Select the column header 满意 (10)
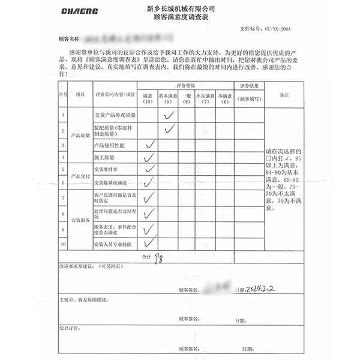[148, 98]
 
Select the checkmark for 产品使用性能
[150, 145]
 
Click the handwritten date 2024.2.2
[262, 289]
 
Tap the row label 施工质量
[104, 157]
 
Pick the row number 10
[63, 244]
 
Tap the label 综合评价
[67, 329]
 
